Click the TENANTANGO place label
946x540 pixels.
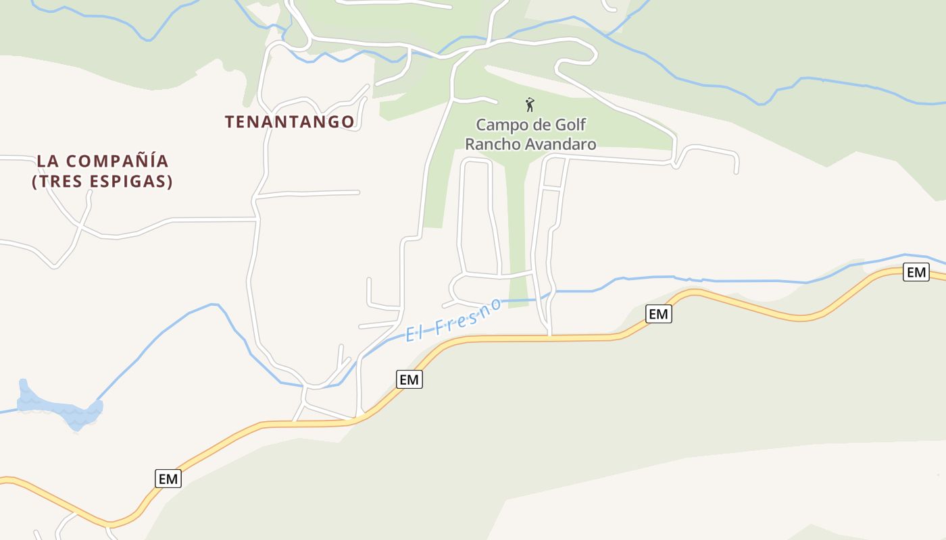289,122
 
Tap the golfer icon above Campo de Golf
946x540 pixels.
530,105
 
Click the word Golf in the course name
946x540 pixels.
570,125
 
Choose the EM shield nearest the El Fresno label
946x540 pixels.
409,380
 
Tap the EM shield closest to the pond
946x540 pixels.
168,479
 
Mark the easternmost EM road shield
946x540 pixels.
916,273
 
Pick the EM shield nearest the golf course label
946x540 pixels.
658,314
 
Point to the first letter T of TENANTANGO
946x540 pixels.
230,122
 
